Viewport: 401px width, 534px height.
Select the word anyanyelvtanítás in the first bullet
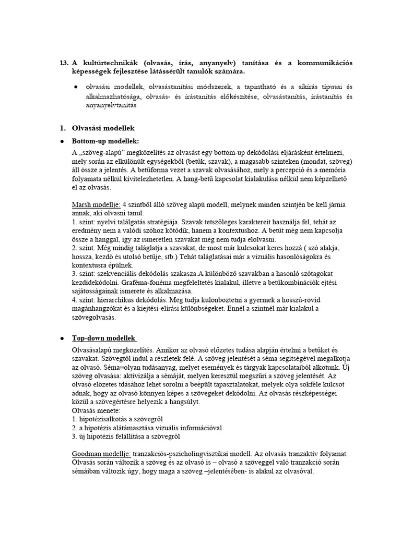tap(111, 105)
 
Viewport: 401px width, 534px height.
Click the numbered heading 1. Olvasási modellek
tap(98, 128)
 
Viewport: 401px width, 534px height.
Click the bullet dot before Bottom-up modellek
tap(62, 141)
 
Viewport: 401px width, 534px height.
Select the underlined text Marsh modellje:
tap(95, 204)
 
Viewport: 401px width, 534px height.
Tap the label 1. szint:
tap(85, 221)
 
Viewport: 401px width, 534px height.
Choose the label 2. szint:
tap(85, 248)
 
